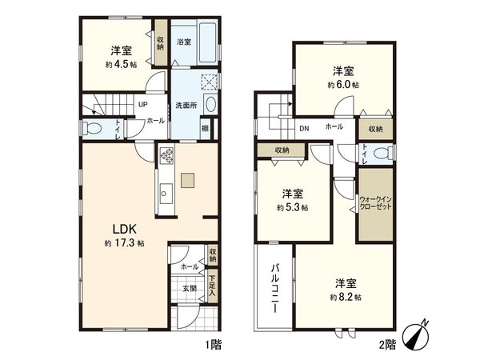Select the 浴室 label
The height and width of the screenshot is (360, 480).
click(183, 42)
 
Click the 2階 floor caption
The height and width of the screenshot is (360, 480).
click(386, 345)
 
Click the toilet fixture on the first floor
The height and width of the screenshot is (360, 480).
click(93, 127)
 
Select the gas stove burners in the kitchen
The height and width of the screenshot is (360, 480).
click(167, 153)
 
